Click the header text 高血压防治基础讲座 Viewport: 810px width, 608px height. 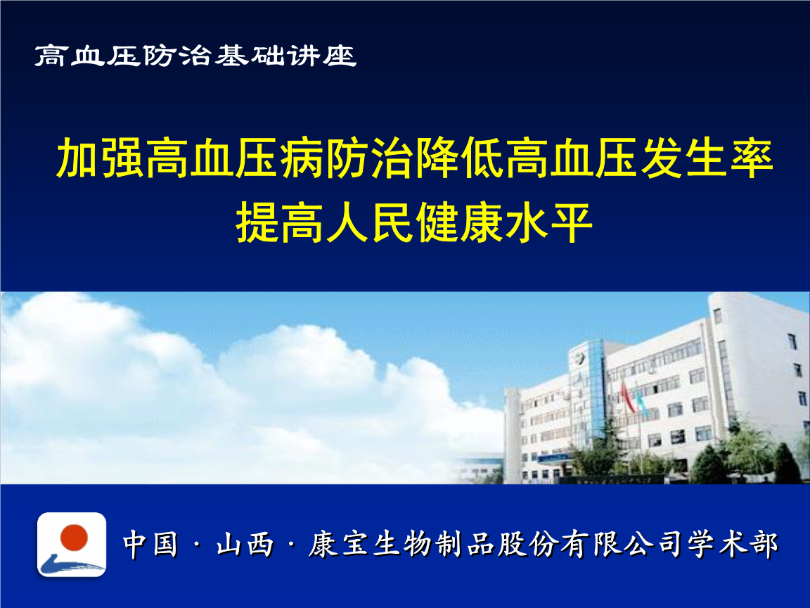[196, 56]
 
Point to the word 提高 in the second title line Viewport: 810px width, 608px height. [281, 222]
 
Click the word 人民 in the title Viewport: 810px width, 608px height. [371, 222]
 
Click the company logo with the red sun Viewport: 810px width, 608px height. [72, 545]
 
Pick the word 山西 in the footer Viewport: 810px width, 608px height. [245, 545]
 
